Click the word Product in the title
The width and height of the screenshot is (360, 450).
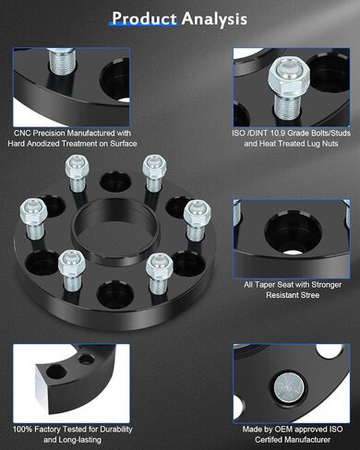pyautogui.click(x=144, y=18)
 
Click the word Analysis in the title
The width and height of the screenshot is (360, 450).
pyautogui.click(x=214, y=19)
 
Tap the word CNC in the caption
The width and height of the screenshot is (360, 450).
pyautogui.click(x=22, y=133)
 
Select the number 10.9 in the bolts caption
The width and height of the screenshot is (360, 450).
pyautogui.click(x=278, y=133)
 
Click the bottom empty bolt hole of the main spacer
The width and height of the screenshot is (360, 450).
pyautogui.click(x=115, y=295)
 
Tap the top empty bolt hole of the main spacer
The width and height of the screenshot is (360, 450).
pyautogui.click(x=115, y=182)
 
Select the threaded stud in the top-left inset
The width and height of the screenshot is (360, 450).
pyautogui.click(x=62, y=62)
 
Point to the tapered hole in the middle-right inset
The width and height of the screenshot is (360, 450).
pyautogui.click(x=293, y=232)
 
